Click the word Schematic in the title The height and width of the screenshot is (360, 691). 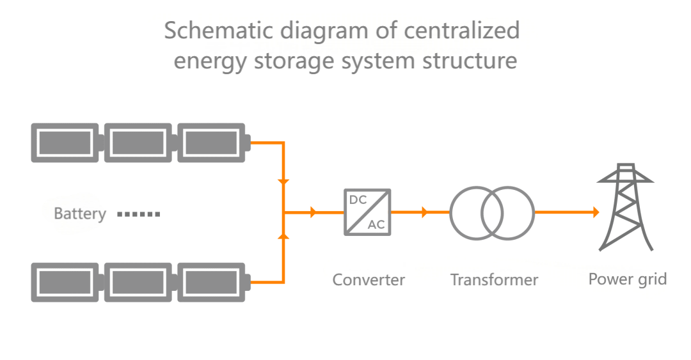(x=219, y=31)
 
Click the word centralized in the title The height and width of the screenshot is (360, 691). (x=462, y=31)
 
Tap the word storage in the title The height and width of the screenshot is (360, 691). (x=295, y=61)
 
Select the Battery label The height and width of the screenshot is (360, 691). (x=80, y=214)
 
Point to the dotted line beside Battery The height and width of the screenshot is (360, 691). (x=138, y=215)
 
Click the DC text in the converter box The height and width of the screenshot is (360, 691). (x=358, y=200)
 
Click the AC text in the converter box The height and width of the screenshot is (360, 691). (x=376, y=224)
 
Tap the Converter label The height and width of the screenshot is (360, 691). (x=369, y=280)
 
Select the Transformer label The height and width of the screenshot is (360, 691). (x=494, y=280)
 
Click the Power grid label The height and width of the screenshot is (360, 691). (x=628, y=279)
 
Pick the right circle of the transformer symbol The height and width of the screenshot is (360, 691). (x=534, y=214)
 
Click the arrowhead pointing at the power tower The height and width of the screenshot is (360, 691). (x=596, y=212)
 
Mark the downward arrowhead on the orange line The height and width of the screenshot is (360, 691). (x=284, y=182)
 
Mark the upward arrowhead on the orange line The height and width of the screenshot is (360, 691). (x=284, y=237)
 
